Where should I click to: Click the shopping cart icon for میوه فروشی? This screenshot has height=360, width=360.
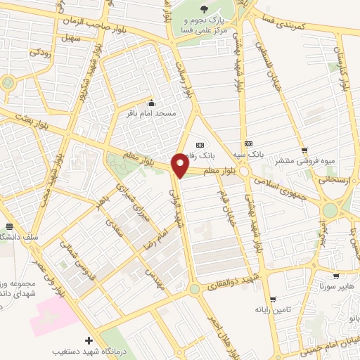pos(304,150)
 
